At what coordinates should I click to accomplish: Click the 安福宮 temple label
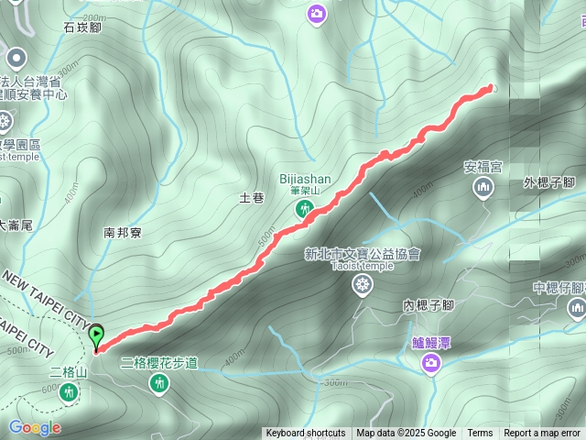tap(483, 168)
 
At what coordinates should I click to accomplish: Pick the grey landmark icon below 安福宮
tap(483, 189)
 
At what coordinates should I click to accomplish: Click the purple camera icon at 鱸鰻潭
tap(430, 365)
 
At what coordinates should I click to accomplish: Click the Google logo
tap(35, 427)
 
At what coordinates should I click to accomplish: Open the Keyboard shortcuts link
tap(305, 434)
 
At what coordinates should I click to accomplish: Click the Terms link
tap(480, 434)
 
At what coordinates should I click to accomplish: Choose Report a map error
tap(543, 434)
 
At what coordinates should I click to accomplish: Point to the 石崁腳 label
tap(81, 27)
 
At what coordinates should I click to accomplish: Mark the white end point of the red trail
tap(493, 88)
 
